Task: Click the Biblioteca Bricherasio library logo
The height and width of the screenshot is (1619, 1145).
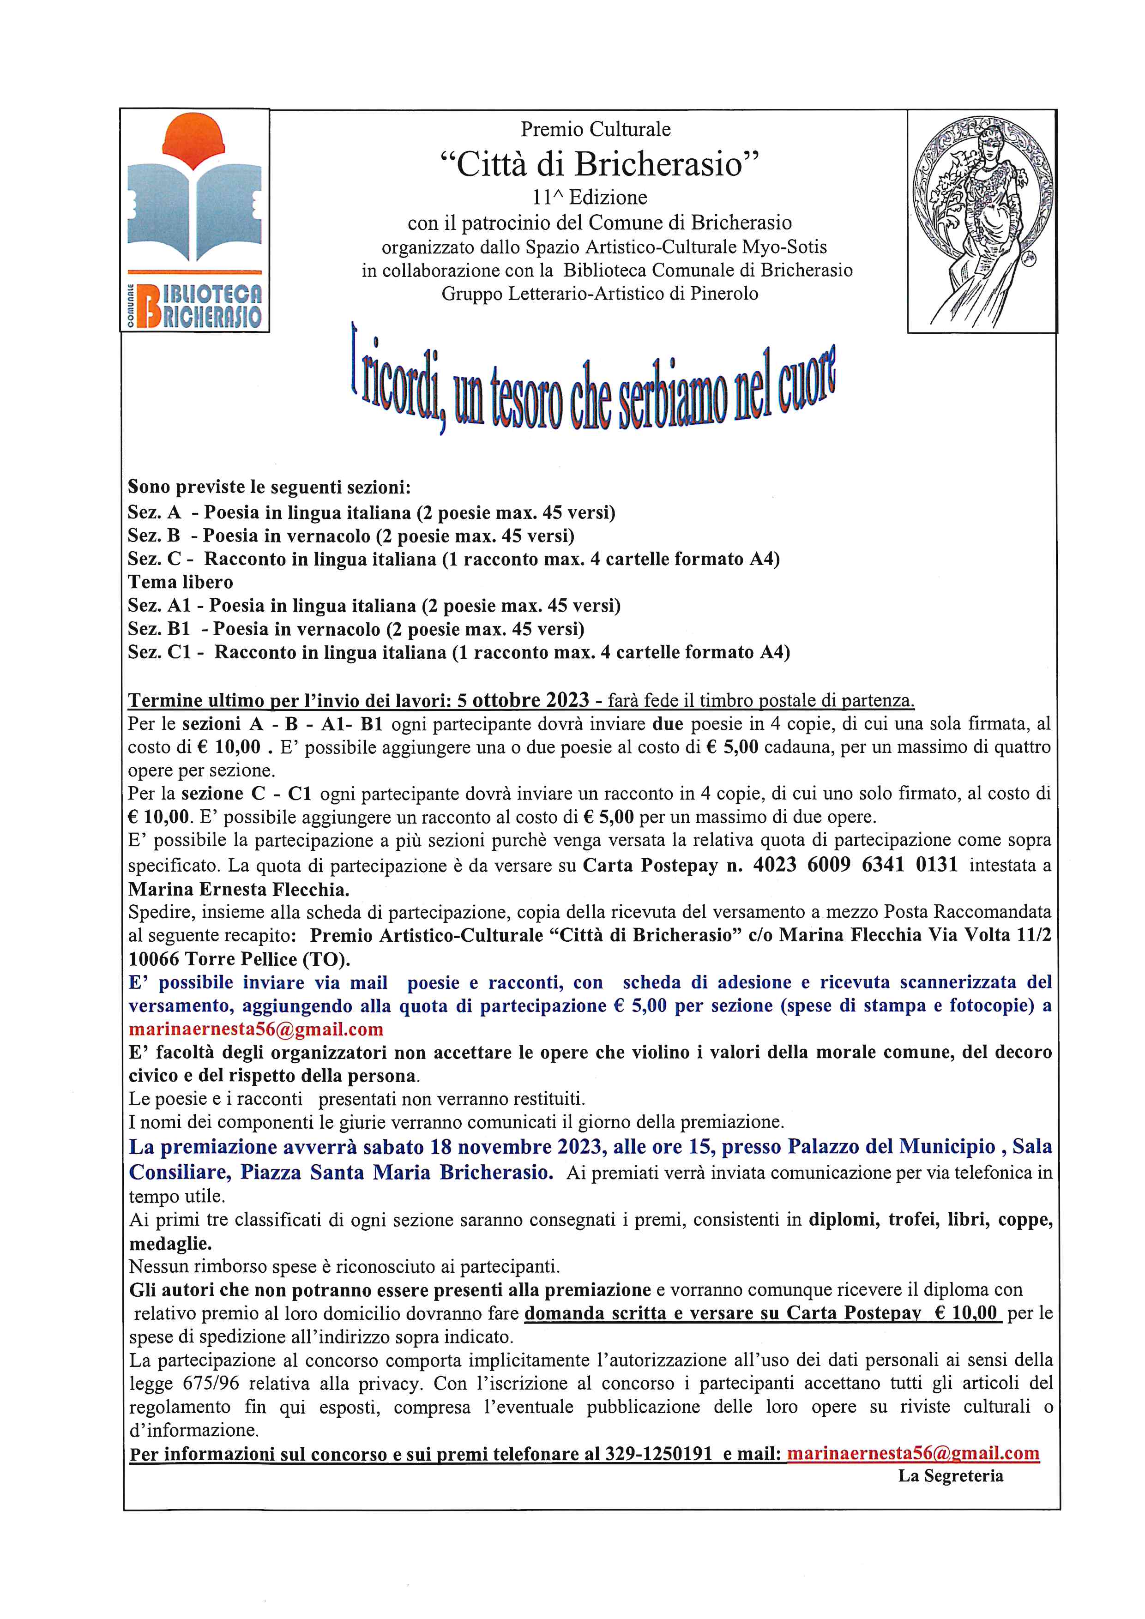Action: pos(194,221)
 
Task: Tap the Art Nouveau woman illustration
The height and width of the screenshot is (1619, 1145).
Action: pos(982,221)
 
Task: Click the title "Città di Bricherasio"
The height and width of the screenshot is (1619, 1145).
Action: pos(600,165)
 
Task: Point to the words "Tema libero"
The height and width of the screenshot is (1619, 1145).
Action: pos(181,583)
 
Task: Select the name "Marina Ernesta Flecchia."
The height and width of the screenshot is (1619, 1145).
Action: pos(239,889)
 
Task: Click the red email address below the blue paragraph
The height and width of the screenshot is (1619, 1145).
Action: pos(256,1029)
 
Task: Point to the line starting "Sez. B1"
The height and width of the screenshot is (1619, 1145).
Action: pos(356,629)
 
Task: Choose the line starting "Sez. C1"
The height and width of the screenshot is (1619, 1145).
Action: pos(458,652)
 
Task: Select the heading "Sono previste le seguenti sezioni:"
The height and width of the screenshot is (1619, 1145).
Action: pos(269,487)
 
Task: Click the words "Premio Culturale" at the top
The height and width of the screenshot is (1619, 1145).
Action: pos(596,129)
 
